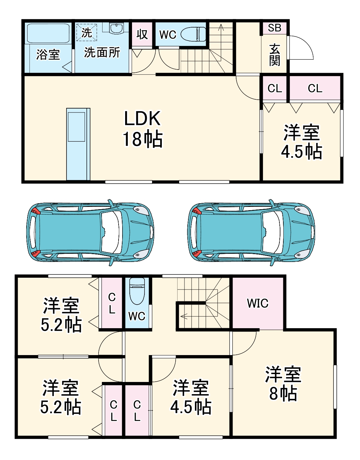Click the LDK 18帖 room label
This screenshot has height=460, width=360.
142,129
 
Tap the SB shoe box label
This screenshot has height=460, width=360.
275,28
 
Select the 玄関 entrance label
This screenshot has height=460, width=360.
275,55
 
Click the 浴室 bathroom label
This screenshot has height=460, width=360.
48,54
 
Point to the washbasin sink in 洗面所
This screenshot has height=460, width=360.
116,29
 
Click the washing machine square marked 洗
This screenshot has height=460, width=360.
86,32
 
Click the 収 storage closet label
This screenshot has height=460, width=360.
142,34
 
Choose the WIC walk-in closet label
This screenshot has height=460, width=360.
258,303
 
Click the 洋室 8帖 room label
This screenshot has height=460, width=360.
283,384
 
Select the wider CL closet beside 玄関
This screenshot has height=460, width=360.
315,88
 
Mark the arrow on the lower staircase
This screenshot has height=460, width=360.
183,316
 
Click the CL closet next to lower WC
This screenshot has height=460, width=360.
112,303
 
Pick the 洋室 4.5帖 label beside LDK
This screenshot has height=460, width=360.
301,142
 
